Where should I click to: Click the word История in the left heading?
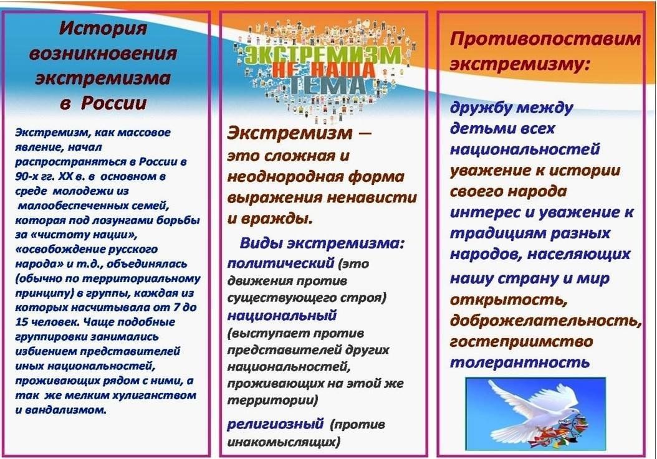pyautogui.click(x=103, y=29)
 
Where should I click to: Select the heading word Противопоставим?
pyautogui.click(x=545, y=40)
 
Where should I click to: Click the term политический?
pyautogui.click(x=281, y=263)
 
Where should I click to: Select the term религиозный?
pyautogui.click(x=276, y=424)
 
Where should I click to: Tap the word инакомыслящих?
pyautogui.click(x=283, y=442)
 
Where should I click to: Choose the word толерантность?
pyautogui.click(x=520, y=362)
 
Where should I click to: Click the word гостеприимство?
pyautogui.click(x=521, y=342)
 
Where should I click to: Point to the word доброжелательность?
pyautogui.click(x=545, y=321)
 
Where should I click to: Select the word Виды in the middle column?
pyautogui.click(x=261, y=244)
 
